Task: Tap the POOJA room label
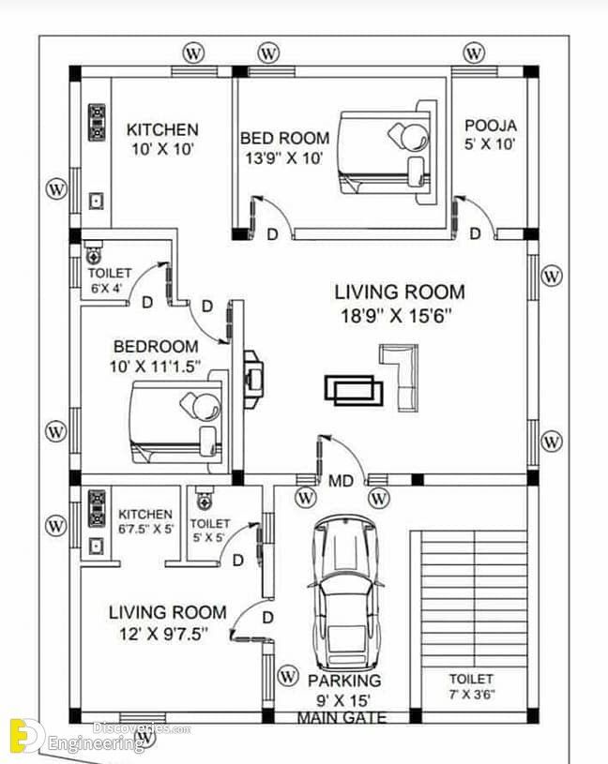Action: coord(491,126)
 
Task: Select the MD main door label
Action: coord(341,482)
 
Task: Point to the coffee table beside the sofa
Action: coord(354,390)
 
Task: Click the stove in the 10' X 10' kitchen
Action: coord(97,122)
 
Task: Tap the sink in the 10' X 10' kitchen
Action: coord(96,201)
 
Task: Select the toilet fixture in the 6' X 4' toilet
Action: coord(92,252)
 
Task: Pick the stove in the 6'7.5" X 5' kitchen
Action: coord(97,509)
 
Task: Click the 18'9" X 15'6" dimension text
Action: coord(396,316)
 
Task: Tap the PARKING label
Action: coord(344,681)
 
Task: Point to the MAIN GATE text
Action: coord(342,717)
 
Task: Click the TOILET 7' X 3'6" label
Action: coord(471,686)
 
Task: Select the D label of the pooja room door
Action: coord(475,233)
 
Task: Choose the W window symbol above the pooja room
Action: coord(474,53)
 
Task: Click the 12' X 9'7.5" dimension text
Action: coord(164,634)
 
